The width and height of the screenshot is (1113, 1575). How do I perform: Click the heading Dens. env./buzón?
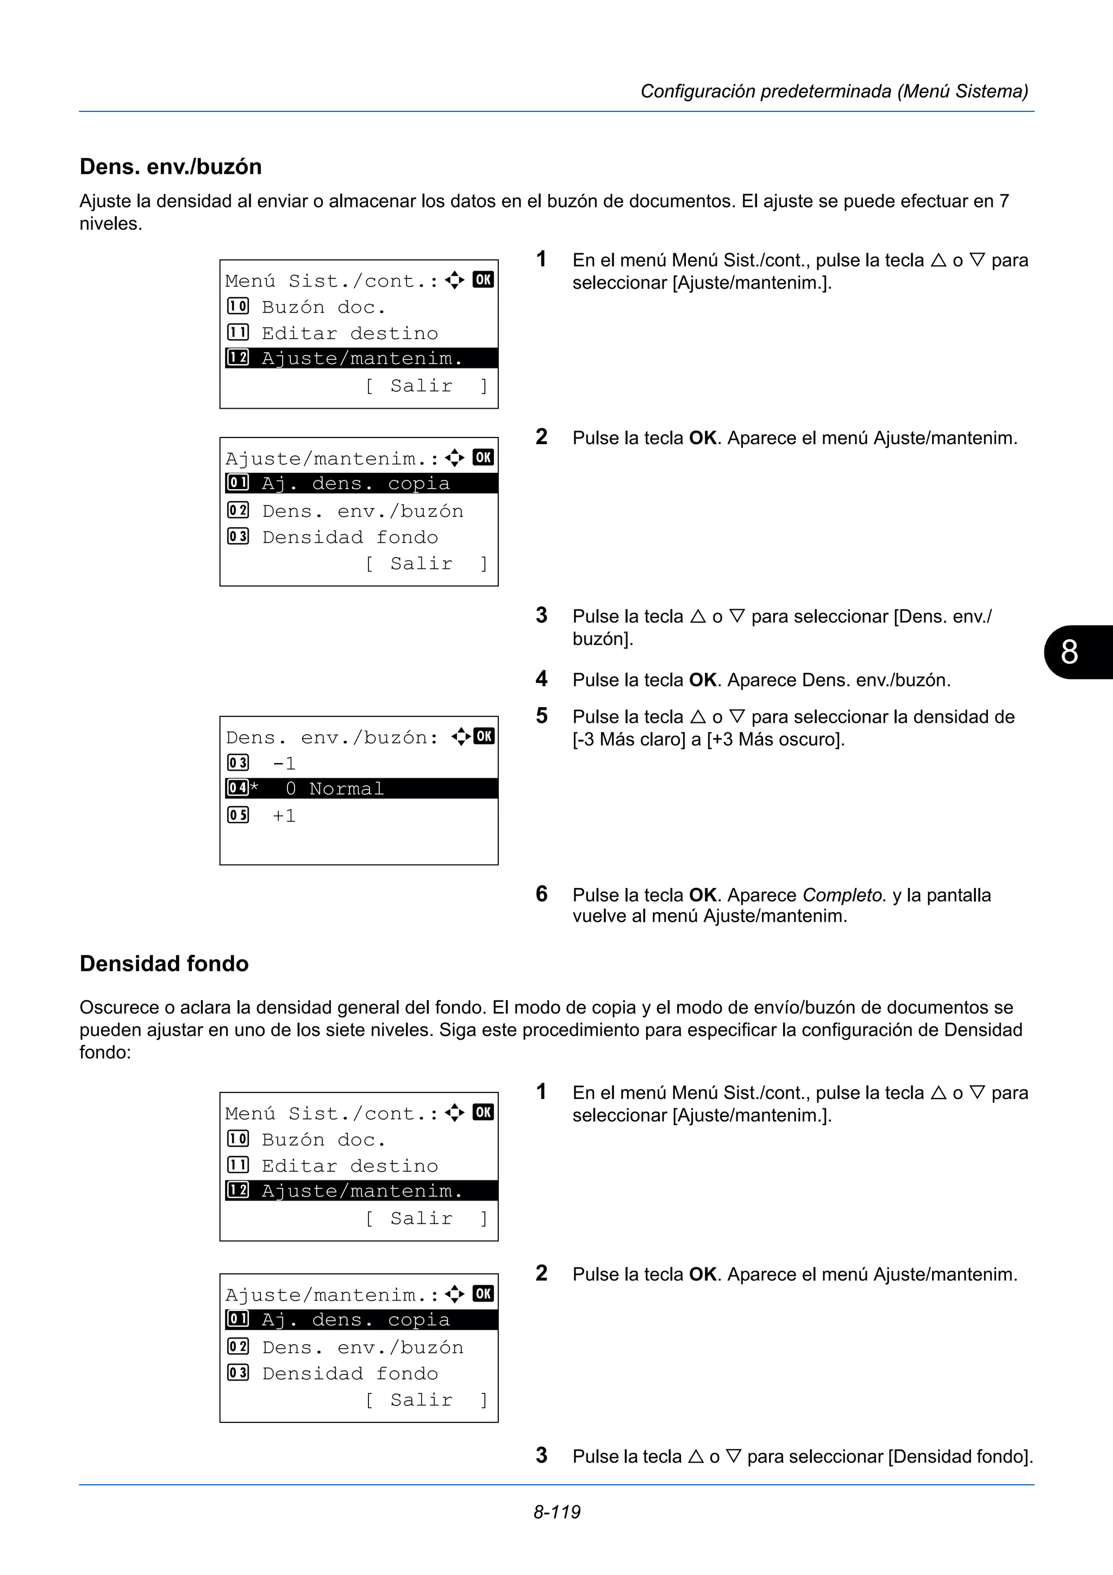tap(171, 167)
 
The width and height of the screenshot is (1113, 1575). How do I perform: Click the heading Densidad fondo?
tap(164, 963)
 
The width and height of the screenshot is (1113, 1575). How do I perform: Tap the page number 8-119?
tap(557, 1512)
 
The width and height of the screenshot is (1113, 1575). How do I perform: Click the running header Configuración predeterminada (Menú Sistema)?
tap(834, 91)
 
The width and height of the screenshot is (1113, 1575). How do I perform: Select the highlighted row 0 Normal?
tap(346, 789)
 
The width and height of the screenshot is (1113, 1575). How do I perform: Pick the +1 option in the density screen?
tap(284, 816)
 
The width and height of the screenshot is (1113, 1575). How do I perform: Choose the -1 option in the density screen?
tap(284, 764)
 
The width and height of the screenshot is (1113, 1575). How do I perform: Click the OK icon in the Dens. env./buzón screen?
tap(484, 736)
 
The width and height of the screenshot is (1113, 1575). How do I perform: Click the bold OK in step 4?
tap(703, 680)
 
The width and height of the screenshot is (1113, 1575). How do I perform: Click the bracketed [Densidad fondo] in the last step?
tap(960, 1457)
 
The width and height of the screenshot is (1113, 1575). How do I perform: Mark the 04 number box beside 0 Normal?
tap(238, 788)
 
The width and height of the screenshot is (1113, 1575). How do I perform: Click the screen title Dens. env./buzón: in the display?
tap(332, 737)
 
